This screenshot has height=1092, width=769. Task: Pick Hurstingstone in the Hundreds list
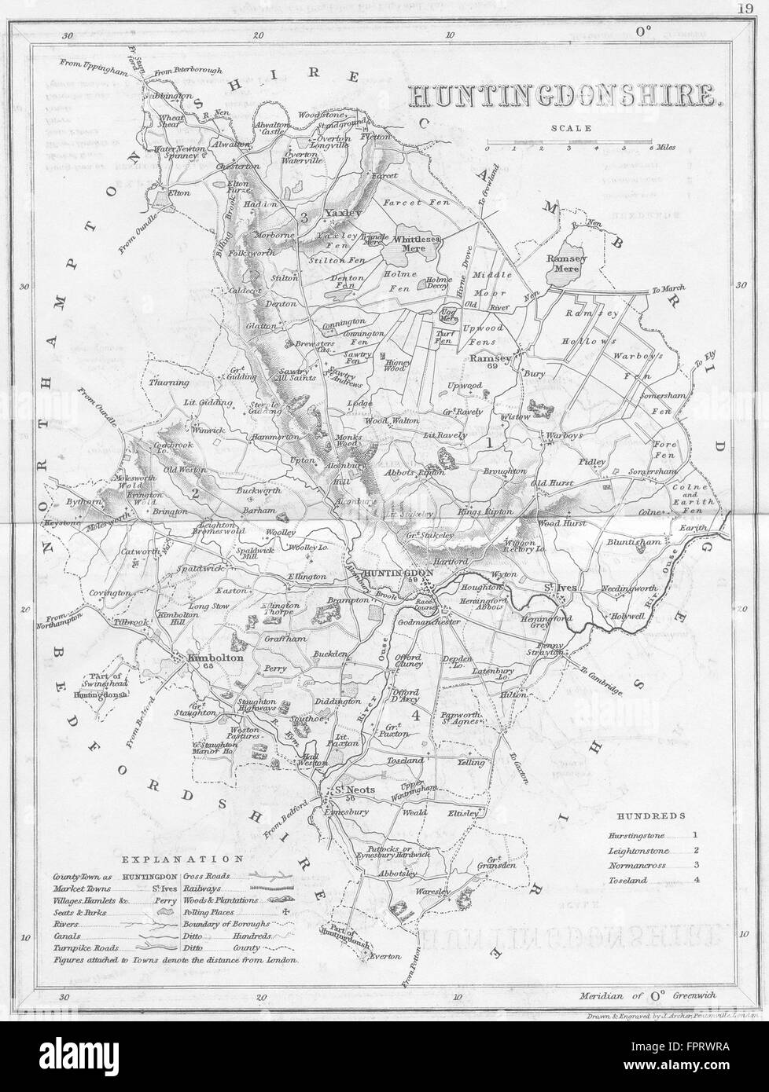click(x=635, y=836)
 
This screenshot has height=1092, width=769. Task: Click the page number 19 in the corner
click(x=745, y=9)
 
